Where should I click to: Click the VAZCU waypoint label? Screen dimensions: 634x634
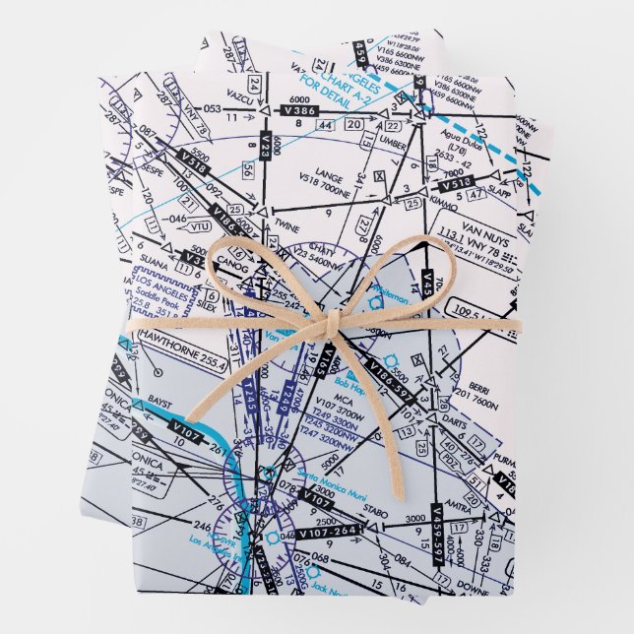click(215, 92)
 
